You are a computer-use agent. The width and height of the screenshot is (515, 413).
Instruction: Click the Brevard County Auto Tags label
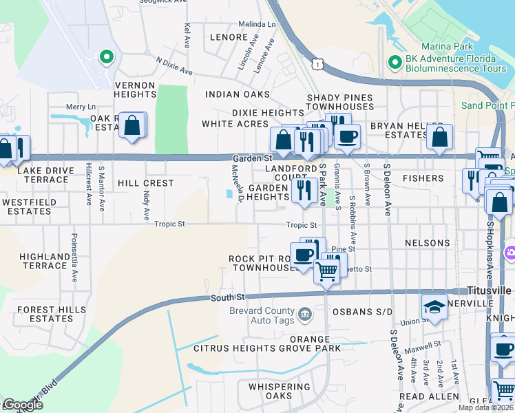pyautogui.click(x=262, y=316)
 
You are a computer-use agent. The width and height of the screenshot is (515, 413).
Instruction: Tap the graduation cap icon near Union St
pyautogui.click(x=435, y=307)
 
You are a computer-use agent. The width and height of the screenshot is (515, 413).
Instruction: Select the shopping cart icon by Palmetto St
pyautogui.click(x=326, y=271)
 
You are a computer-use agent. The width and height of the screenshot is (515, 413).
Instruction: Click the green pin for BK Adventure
pyautogui.click(x=395, y=63)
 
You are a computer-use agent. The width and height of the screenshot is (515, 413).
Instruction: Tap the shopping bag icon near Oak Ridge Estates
pyautogui.click(x=132, y=126)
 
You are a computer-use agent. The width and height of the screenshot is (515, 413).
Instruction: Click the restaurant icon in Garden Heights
pyautogui.click(x=304, y=189)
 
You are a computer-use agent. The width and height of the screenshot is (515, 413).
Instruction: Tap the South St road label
pyautogui.click(x=227, y=297)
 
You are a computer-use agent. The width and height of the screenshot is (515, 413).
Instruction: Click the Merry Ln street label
pyautogui.click(x=81, y=107)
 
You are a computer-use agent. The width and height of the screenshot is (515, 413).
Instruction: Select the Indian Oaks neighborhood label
pyautogui.click(x=236, y=94)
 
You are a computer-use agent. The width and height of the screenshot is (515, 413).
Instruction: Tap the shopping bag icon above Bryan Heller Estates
pyautogui.click(x=439, y=137)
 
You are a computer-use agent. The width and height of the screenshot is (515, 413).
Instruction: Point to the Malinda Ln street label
pyautogui.click(x=259, y=23)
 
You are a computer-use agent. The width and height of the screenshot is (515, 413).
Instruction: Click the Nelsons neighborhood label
pyautogui.click(x=427, y=243)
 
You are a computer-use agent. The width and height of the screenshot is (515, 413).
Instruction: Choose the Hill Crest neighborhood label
pyautogui.click(x=145, y=183)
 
